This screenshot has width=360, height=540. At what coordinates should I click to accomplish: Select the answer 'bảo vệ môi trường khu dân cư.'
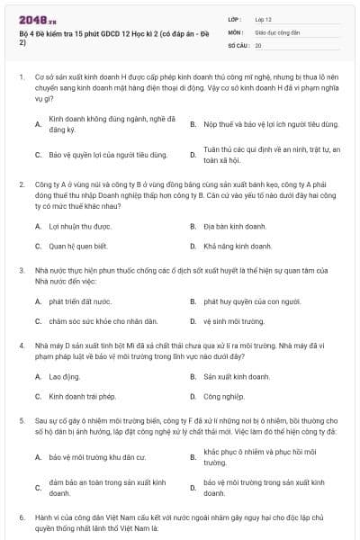[97, 457]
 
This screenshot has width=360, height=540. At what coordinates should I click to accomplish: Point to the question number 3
[22, 270]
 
